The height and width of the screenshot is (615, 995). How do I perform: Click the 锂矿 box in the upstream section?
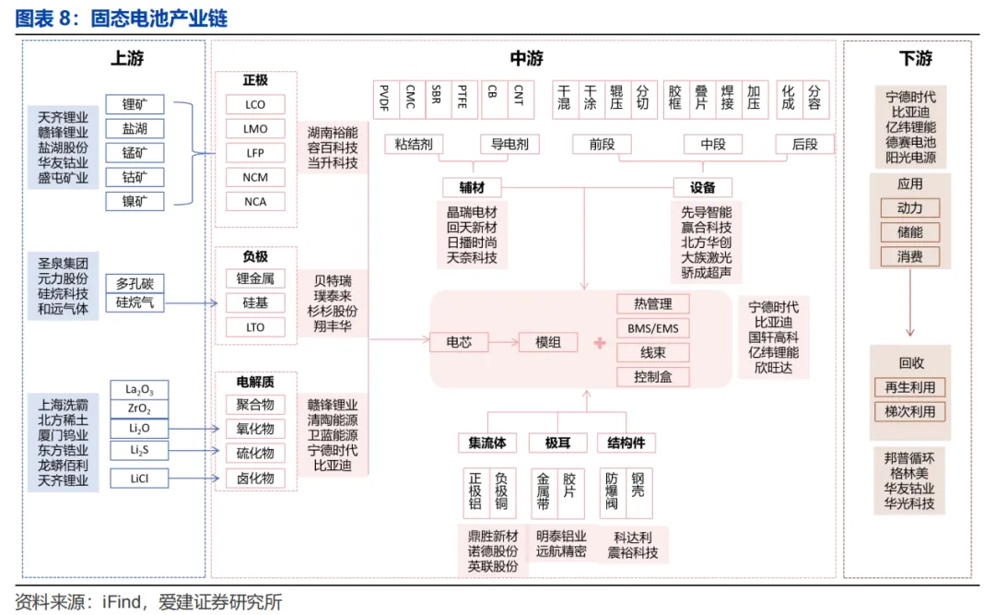coord(135,105)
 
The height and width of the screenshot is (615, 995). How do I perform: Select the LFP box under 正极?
coord(255,153)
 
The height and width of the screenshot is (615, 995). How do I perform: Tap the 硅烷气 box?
coord(135,302)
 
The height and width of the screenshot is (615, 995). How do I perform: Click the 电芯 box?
coord(459,342)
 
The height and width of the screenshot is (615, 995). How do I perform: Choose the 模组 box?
coord(548,342)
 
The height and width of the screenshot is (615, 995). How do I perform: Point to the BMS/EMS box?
coord(652,328)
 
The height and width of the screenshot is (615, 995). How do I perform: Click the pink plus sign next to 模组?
coord(600,343)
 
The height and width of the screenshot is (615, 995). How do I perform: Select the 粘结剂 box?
coord(414,145)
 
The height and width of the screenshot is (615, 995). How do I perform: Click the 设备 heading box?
coord(702,187)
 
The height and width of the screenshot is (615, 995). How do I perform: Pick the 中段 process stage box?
coord(713,145)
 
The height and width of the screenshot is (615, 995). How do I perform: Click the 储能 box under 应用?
coord(909,232)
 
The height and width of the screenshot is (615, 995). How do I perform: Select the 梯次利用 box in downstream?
coord(909,411)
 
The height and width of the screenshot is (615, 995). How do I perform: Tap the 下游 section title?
coord(915,59)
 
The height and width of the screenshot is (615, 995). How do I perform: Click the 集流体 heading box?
coord(487,443)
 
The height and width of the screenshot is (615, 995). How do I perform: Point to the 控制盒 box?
coord(652,376)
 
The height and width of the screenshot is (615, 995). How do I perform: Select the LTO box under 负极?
coord(255,327)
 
